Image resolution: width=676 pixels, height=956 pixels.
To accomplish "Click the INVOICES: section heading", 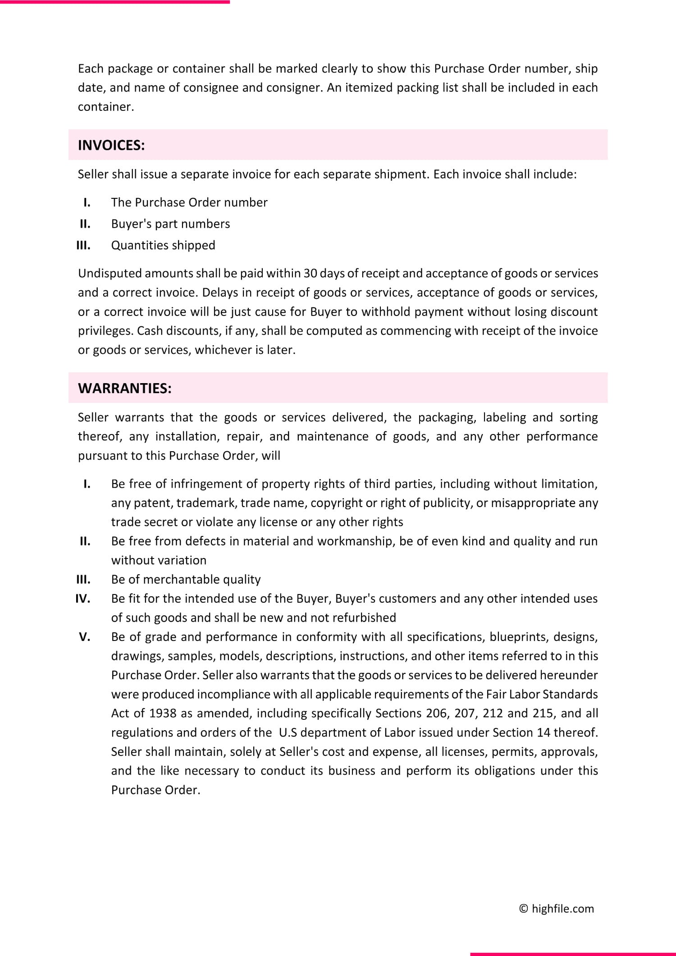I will (111, 145).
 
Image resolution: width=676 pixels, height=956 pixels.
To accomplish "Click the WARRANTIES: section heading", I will (124, 388).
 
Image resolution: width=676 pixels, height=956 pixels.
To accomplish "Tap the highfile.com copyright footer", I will (557, 908).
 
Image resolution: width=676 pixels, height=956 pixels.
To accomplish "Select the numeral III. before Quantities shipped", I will (83, 245).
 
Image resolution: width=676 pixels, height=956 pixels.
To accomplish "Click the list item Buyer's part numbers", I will (170, 224).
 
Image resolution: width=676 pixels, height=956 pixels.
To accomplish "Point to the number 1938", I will (163, 713).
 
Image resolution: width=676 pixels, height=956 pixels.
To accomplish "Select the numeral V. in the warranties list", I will (84, 636).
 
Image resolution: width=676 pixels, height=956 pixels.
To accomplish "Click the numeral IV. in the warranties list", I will (83, 599).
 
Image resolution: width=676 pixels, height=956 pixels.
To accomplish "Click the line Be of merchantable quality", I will (186, 579).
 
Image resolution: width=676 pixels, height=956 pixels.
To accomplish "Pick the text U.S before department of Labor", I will (288, 732).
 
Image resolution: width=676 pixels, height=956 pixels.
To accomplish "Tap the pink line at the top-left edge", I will (115, 2).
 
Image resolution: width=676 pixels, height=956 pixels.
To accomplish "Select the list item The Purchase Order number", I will (189, 202).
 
